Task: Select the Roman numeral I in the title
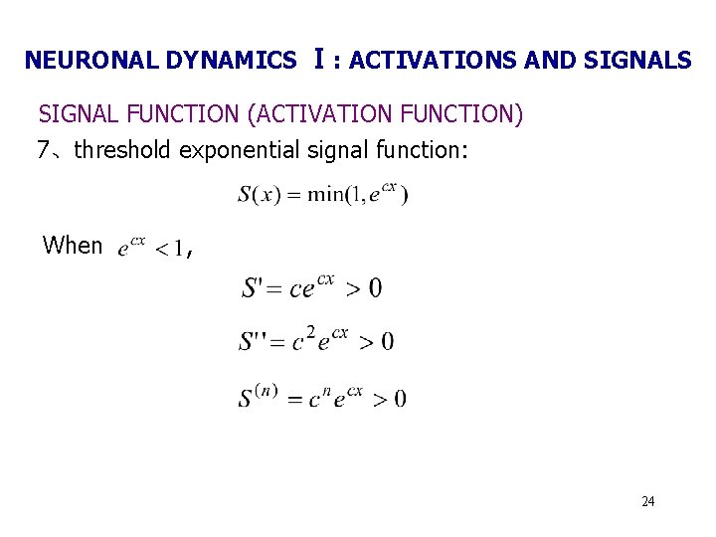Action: coord(317,59)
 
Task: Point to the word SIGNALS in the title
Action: coord(636,61)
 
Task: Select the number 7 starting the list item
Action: coord(43,150)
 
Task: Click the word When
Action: coord(73,246)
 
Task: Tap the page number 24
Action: coord(647,501)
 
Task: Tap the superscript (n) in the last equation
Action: coord(266,389)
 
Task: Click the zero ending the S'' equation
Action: coord(388,342)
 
